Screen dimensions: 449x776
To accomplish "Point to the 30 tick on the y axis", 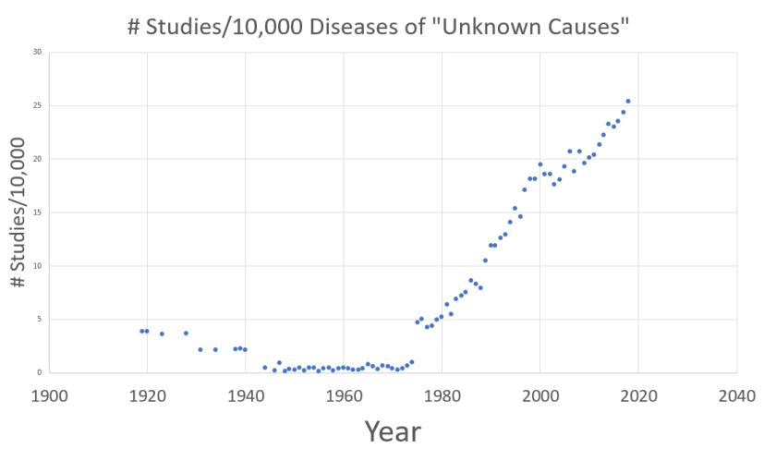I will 37,52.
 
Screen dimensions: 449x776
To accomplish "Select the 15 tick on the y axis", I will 37,212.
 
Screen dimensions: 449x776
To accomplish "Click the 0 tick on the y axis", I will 40,372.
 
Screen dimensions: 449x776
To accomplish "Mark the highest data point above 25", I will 628,101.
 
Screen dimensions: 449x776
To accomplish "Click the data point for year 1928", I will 186,333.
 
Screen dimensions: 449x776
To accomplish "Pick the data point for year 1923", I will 162,334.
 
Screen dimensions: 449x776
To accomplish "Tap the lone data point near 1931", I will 200,349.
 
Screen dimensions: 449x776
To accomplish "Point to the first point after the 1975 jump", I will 417,322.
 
